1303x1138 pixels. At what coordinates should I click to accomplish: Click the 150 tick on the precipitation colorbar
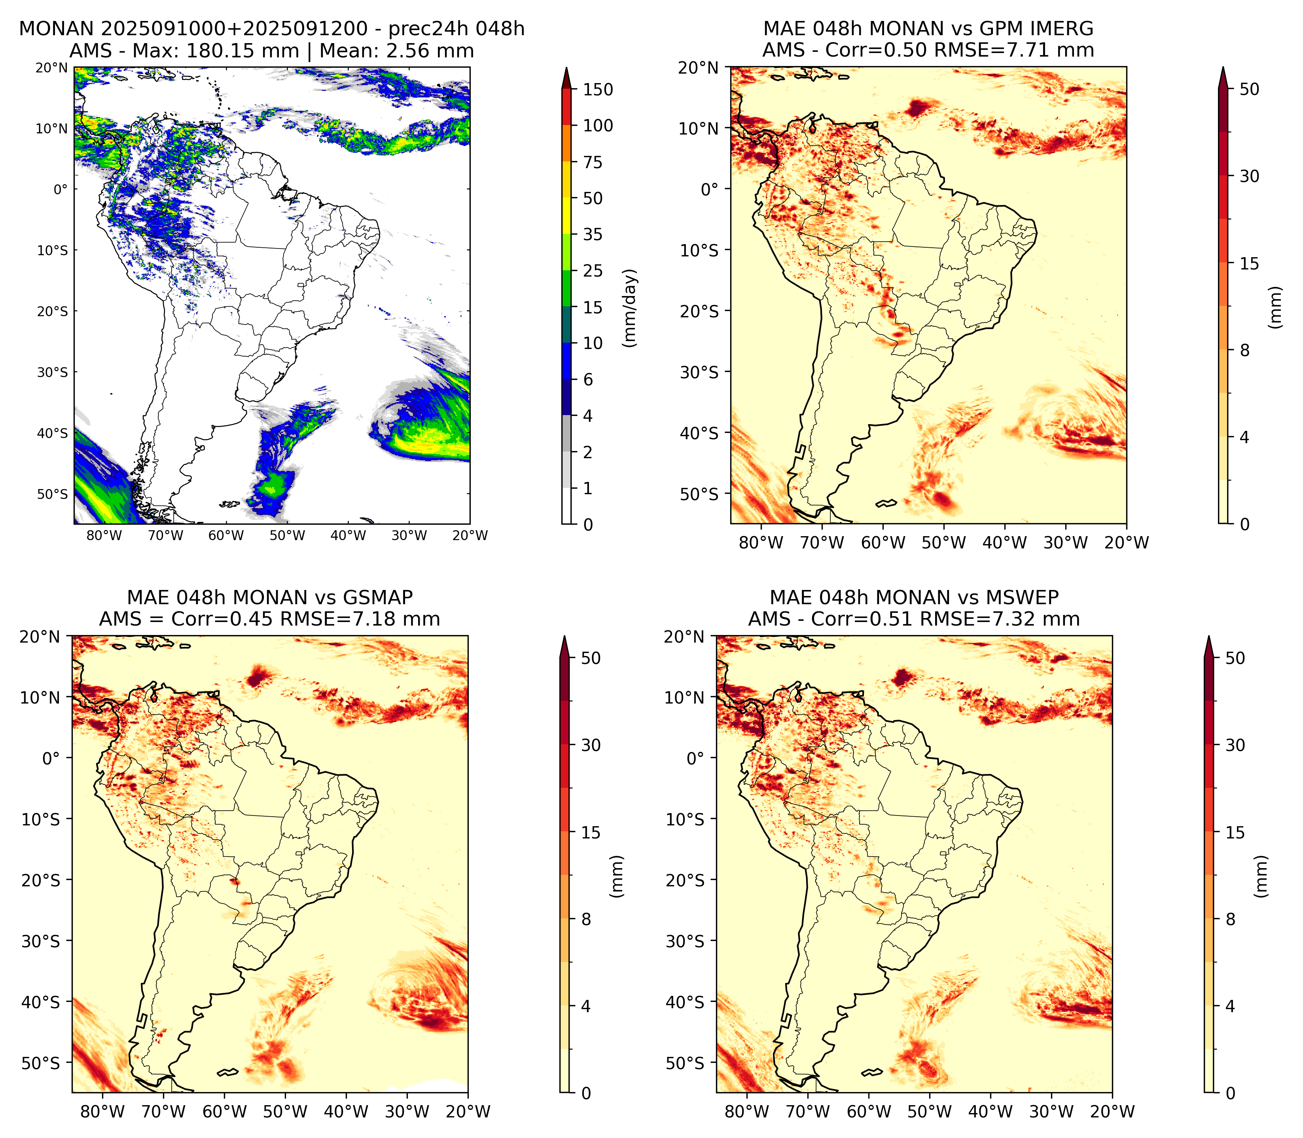point(598,89)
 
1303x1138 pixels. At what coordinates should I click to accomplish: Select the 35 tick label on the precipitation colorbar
point(593,234)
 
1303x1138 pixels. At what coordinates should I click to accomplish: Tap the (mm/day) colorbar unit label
point(630,308)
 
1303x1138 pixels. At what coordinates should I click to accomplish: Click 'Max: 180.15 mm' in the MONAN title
point(242,51)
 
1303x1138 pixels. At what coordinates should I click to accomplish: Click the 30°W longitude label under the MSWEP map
point(1051,1111)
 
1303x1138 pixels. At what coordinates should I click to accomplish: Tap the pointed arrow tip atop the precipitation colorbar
point(567,68)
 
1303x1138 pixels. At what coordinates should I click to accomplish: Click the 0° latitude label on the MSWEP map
point(696,758)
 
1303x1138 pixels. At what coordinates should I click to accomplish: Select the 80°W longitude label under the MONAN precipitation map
point(104,535)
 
